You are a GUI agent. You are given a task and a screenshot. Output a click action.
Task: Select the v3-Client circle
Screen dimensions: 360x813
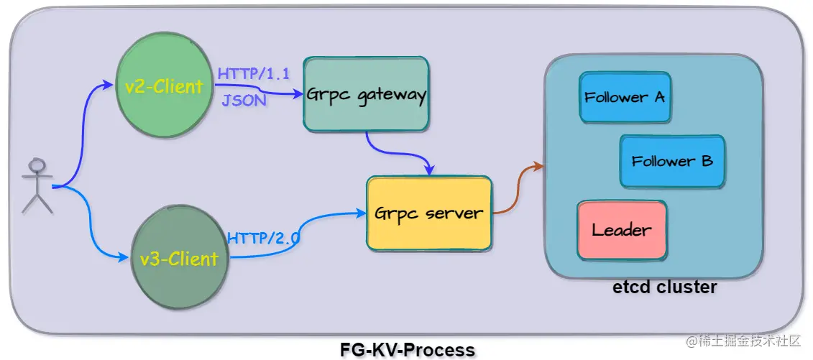point(179,257)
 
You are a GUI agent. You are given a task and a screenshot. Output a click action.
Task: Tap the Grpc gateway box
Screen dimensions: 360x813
point(367,94)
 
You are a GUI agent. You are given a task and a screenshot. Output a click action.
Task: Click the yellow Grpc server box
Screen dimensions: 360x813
point(429,213)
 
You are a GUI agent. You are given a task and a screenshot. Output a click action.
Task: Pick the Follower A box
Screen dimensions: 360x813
point(625,97)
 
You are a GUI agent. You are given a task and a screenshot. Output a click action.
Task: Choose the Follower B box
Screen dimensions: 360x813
point(671,161)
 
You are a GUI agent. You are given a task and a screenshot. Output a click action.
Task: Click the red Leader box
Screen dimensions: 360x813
point(622,231)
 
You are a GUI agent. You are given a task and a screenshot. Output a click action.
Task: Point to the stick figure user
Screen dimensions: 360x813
point(36,185)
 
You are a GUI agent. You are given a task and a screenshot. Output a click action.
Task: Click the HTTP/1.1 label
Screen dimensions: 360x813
point(253,73)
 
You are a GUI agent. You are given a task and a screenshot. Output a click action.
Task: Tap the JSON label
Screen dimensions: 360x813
point(244,101)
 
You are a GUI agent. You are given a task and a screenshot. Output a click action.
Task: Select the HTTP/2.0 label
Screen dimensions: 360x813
point(264,239)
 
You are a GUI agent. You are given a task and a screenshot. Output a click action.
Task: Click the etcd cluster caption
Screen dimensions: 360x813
point(664,288)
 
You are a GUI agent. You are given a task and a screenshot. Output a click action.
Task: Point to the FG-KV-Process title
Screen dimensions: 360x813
point(407,350)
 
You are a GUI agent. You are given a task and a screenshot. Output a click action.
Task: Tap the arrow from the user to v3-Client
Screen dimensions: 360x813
point(90,230)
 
